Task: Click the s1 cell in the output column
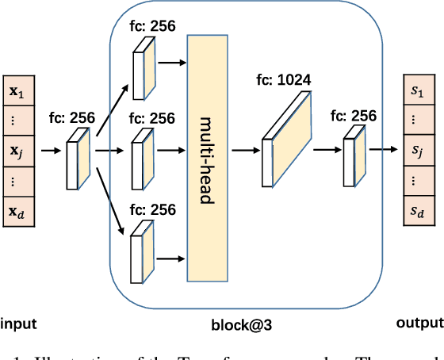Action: point(417,90)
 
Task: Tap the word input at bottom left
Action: point(18,323)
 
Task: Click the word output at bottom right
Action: point(418,323)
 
